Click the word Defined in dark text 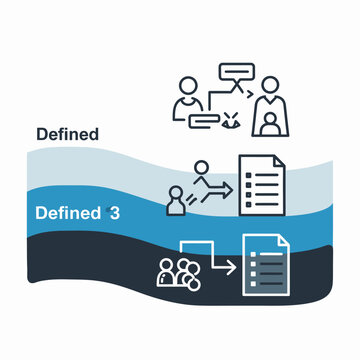(67, 134)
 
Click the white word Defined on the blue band (67, 213)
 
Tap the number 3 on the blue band (117, 213)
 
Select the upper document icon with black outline (260, 182)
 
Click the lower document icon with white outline (268, 265)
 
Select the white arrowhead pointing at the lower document (229, 267)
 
